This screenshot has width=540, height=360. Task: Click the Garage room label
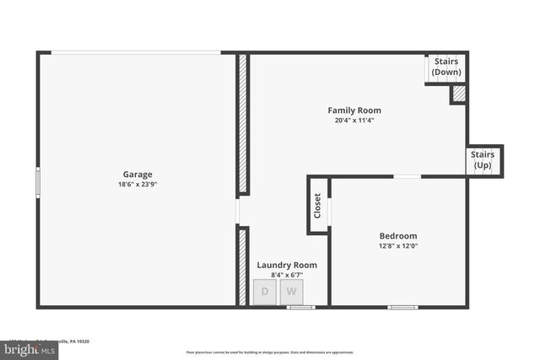(138, 175)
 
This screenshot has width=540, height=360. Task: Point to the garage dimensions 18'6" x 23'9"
(138, 185)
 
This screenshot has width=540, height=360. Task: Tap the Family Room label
(354, 110)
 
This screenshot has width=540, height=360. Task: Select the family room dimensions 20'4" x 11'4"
(354, 121)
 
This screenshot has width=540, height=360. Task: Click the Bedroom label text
(398, 236)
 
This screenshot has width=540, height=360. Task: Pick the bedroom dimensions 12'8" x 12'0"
(398, 246)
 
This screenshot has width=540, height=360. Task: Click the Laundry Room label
(287, 265)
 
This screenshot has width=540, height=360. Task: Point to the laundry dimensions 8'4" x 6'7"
(287, 275)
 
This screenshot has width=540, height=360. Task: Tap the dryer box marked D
(265, 293)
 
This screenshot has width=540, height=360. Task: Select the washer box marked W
(291, 293)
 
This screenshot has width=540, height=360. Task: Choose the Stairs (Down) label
(446, 67)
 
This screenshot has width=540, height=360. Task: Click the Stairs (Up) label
(483, 160)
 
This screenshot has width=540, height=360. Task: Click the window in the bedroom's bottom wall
(402, 307)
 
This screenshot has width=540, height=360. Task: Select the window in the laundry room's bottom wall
(300, 307)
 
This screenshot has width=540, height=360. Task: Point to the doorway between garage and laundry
(238, 211)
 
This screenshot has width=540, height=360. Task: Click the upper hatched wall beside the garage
(242, 124)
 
